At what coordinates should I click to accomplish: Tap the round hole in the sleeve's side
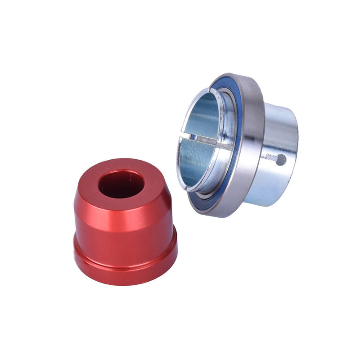281,159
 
